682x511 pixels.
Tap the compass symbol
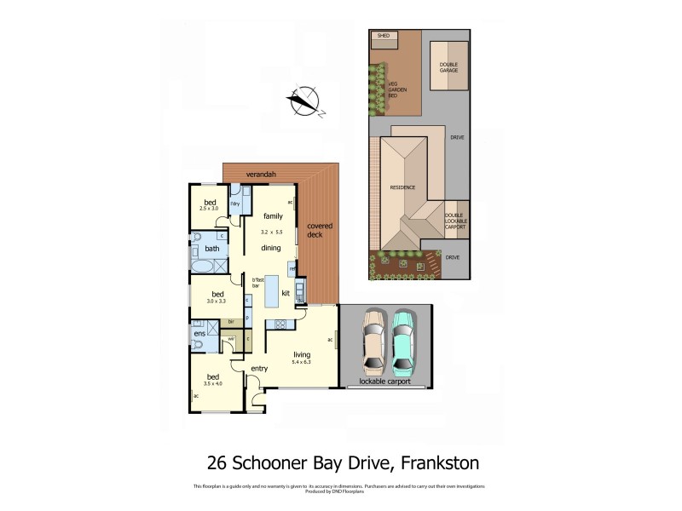coord(303,100)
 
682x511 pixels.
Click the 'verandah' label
coord(261,175)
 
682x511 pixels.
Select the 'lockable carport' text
coord(386,382)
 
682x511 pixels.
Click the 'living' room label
coord(303,354)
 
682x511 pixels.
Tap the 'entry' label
coord(259,368)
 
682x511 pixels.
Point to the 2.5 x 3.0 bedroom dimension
coord(210,207)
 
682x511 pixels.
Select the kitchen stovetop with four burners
coord(279,324)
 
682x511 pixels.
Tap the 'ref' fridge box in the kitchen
coord(292,269)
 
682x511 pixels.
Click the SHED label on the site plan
coord(382,36)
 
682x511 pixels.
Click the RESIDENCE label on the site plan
coord(402,187)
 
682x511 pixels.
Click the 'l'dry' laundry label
coord(235,204)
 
